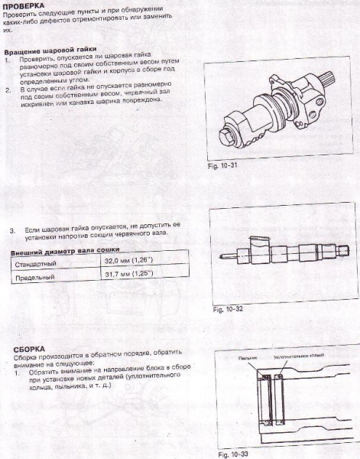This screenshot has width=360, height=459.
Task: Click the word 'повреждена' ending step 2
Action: point(138,102)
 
